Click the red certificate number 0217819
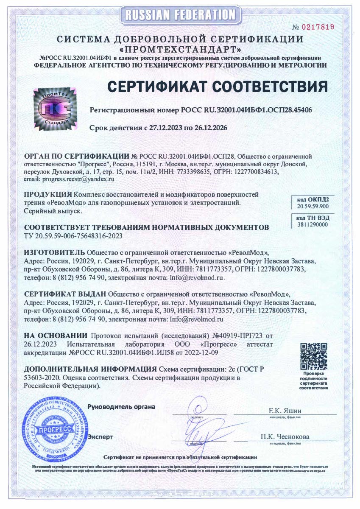click(318, 27)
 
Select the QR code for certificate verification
click(314, 356)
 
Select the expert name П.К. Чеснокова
click(285, 436)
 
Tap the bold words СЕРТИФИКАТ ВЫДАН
click(66, 294)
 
